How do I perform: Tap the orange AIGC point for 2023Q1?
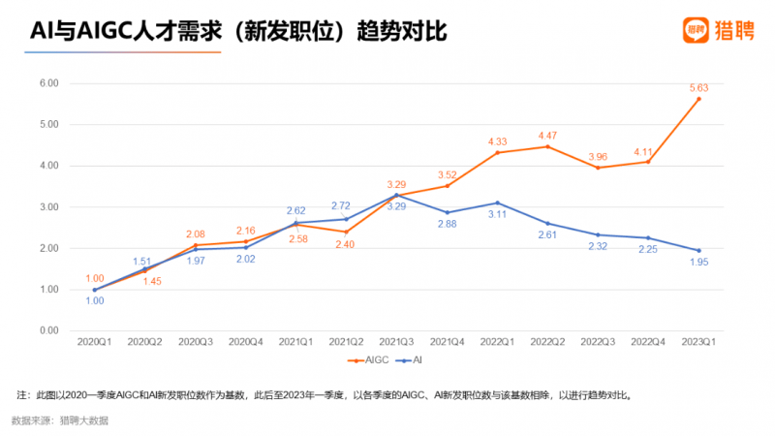[x=698, y=99]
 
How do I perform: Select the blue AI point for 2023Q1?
[x=698, y=251]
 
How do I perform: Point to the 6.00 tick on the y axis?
[x=48, y=83]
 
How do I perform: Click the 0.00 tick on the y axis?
[x=48, y=330]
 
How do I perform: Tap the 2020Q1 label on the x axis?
[x=95, y=342]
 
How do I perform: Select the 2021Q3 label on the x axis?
[x=397, y=342]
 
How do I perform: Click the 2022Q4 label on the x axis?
[x=648, y=342]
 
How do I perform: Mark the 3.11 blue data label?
[x=498, y=214]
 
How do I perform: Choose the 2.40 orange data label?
[x=347, y=243]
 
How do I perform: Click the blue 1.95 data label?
[x=698, y=263]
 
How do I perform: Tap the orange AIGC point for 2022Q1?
[x=498, y=152]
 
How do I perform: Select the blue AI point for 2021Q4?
[x=448, y=212]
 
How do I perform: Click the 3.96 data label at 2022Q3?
[x=598, y=156]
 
